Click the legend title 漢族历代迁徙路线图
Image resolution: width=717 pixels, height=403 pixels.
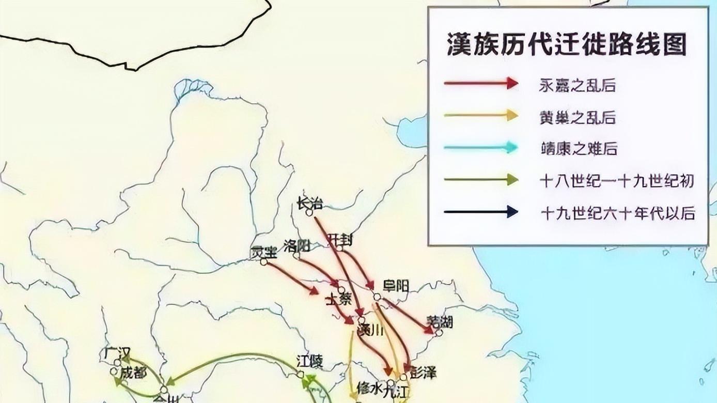tap(567, 45)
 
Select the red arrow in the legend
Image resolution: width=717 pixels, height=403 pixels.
tap(480, 83)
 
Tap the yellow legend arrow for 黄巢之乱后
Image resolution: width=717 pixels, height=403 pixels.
tap(480, 116)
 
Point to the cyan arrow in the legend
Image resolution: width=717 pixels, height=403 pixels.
tap(480, 148)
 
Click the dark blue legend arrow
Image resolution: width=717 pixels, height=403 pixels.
tap(480, 211)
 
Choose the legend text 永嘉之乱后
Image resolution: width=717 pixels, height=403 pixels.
tap(578, 85)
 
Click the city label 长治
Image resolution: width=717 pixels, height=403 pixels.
tap(310, 204)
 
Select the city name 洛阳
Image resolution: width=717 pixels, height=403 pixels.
tap(297, 245)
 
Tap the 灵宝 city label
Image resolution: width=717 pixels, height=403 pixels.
tap(263, 252)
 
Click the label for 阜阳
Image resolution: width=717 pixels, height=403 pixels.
tap(396, 285)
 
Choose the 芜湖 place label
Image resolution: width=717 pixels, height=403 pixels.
tap(440, 321)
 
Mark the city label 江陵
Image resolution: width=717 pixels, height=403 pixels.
tap(309, 361)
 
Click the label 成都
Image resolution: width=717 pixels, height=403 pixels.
tap(133, 373)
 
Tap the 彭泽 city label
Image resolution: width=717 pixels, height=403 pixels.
tap(423, 373)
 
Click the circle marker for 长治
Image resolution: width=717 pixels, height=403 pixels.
tap(309, 212)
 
